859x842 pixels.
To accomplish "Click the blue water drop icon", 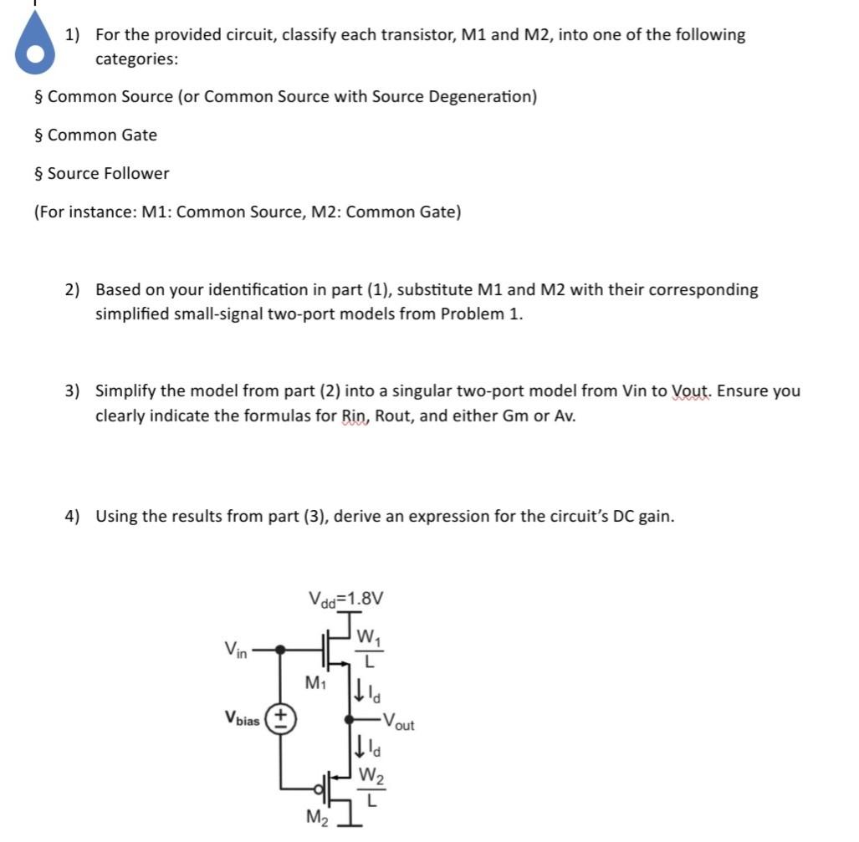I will tap(34, 49).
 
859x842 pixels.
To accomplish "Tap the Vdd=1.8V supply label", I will tap(345, 599).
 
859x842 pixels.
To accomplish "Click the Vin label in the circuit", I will tap(235, 648).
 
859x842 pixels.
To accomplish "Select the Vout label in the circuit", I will tap(397, 722).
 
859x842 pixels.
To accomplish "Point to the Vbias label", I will tap(242, 718).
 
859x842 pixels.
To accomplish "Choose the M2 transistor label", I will tap(316, 817).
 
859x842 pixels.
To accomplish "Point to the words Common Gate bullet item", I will tap(102, 135).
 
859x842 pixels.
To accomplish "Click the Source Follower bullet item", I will tap(108, 173).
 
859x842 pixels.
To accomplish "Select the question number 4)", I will tap(73, 516).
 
